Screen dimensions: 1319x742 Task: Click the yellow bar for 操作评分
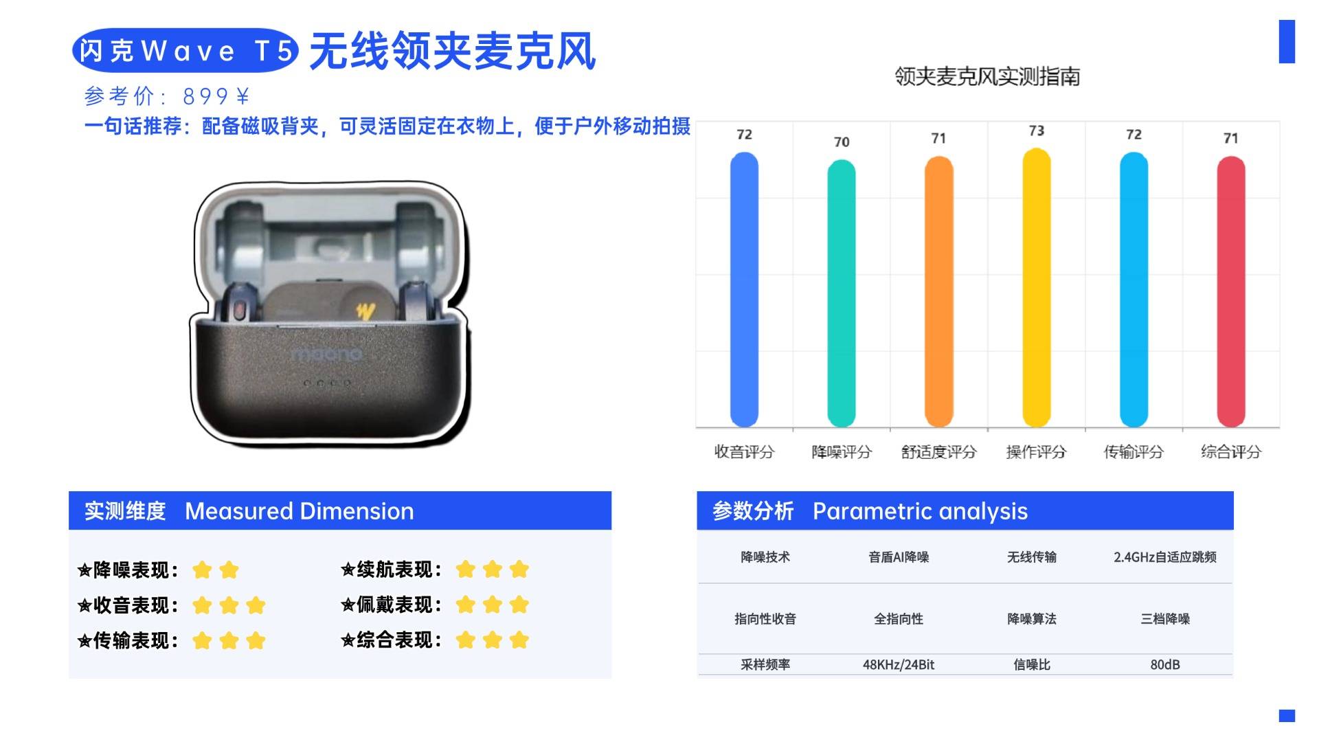coord(1037,287)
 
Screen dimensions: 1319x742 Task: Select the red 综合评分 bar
coord(1231,291)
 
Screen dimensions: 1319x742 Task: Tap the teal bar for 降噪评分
coord(842,293)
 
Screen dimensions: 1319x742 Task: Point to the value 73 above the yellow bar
coord(1037,131)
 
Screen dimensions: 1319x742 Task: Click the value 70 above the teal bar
coord(842,142)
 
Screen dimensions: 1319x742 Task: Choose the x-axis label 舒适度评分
coord(938,451)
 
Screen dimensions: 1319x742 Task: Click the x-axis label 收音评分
coord(744,451)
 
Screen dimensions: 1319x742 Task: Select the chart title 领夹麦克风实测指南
coord(987,76)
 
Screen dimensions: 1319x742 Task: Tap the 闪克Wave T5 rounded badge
coord(185,50)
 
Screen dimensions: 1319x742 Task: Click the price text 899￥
coord(216,96)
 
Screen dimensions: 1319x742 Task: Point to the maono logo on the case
coord(326,354)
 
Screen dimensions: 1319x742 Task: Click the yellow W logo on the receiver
coord(365,311)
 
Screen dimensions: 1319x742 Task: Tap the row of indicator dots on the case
coord(328,383)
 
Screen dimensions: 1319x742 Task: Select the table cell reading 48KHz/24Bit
coord(899,664)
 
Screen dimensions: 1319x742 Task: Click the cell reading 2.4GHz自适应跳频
coord(1165,557)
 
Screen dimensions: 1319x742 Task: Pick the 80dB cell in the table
coord(1165,664)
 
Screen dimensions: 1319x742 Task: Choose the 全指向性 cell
coord(899,619)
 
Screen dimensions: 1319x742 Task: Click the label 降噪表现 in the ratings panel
coord(131,570)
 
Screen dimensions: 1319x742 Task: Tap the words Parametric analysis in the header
coord(920,511)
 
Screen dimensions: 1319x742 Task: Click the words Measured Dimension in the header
coord(300,511)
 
